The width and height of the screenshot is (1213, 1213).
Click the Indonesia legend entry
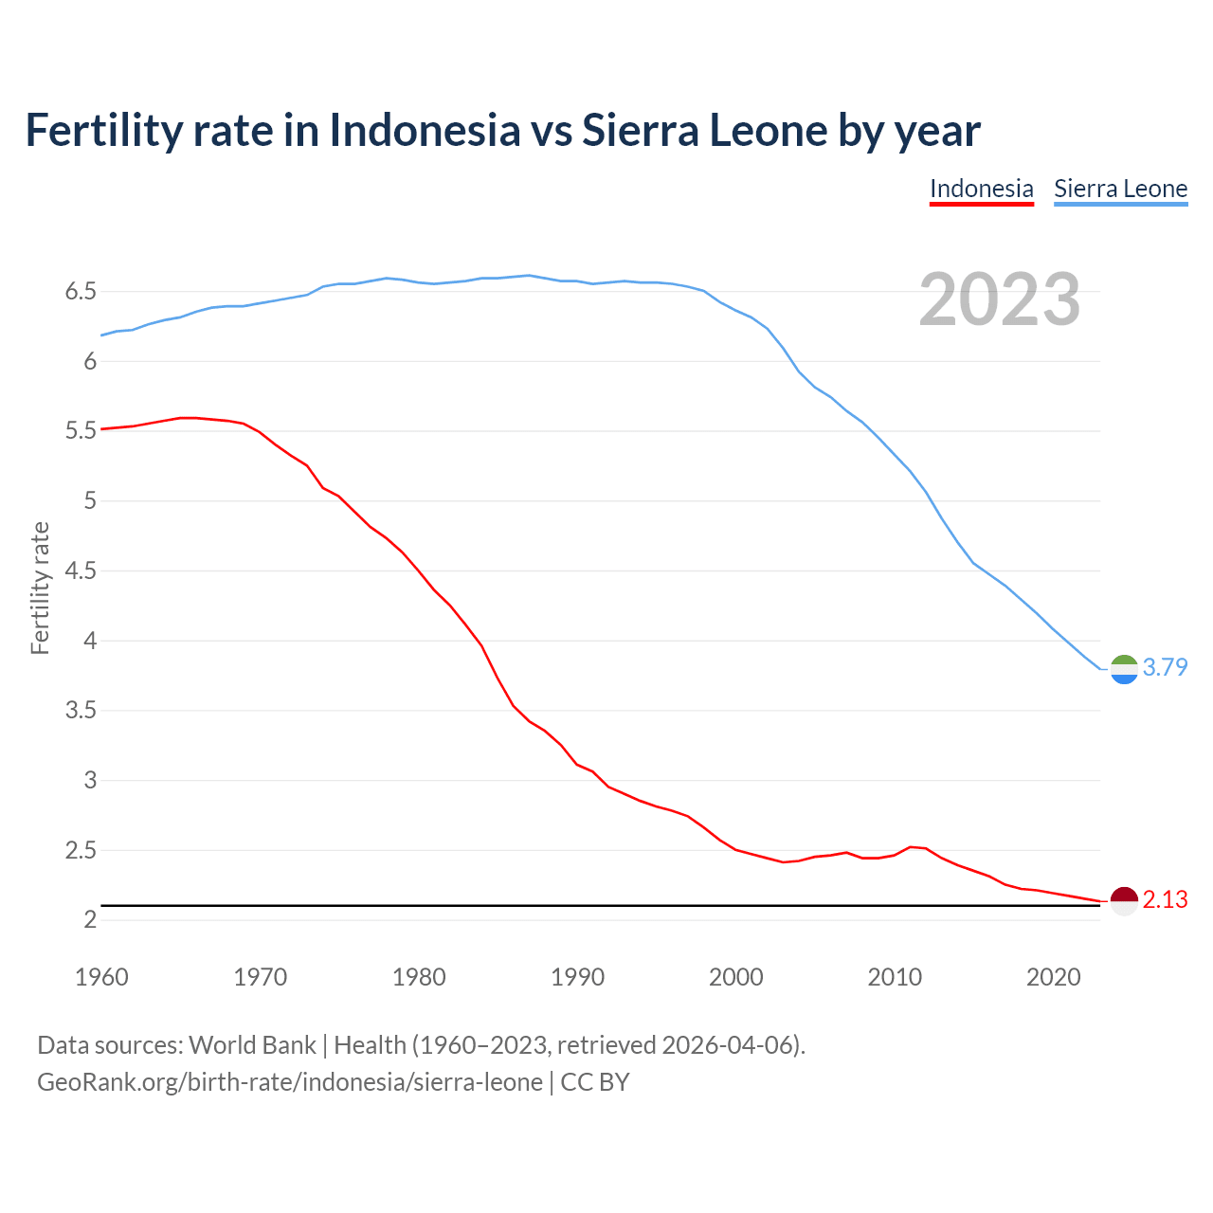(x=981, y=189)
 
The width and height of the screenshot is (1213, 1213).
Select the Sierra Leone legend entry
(x=1120, y=189)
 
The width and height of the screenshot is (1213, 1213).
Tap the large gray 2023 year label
(x=1000, y=299)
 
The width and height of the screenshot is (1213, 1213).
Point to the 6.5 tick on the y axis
(x=81, y=291)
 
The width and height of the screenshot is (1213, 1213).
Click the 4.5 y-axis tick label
(x=81, y=570)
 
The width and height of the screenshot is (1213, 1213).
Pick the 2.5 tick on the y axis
(x=81, y=850)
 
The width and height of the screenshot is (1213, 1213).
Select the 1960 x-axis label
(x=101, y=977)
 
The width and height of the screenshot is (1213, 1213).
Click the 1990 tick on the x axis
(x=577, y=977)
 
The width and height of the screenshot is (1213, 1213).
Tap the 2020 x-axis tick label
(x=1053, y=977)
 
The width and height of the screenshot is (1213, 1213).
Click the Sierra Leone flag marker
(x=1124, y=669)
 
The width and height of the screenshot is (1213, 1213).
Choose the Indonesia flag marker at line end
(x=1124, y=901)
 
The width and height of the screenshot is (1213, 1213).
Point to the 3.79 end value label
(x=1165, y=667)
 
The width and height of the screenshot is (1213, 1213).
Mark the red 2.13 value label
(x=1165, y=899)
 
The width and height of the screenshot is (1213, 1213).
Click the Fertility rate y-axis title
(x=40, y=588)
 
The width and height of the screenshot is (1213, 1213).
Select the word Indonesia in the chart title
(x=425, y=130)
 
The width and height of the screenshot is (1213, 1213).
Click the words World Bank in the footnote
(x=252, y=1045)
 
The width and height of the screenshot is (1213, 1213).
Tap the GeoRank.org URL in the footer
(x=290, y=1082)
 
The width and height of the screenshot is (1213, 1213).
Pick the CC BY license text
(x=595, y=1082)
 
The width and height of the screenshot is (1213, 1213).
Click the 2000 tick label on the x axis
(x=736, y=977)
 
